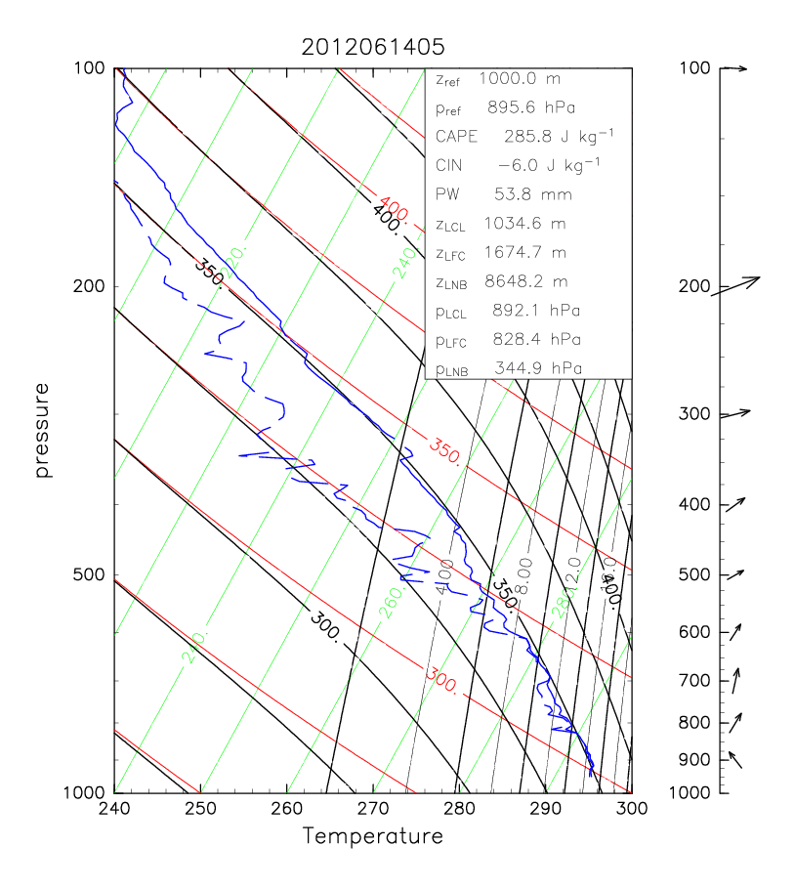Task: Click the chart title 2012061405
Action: click(373, 47)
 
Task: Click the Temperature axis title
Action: click(373, 836)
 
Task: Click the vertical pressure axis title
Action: click(43, 431)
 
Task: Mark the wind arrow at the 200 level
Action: click(734, 286)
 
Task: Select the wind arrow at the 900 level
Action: click(734, 759)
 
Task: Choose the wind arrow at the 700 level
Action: click(736, 680)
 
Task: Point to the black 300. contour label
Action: click(326, 626)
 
